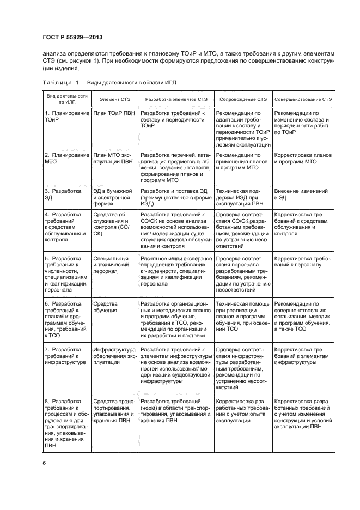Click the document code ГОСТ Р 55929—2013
click(72, 37)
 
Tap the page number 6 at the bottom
click(44, 463)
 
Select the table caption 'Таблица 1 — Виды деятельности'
click(109, 82)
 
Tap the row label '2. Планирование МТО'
click(66, 159)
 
